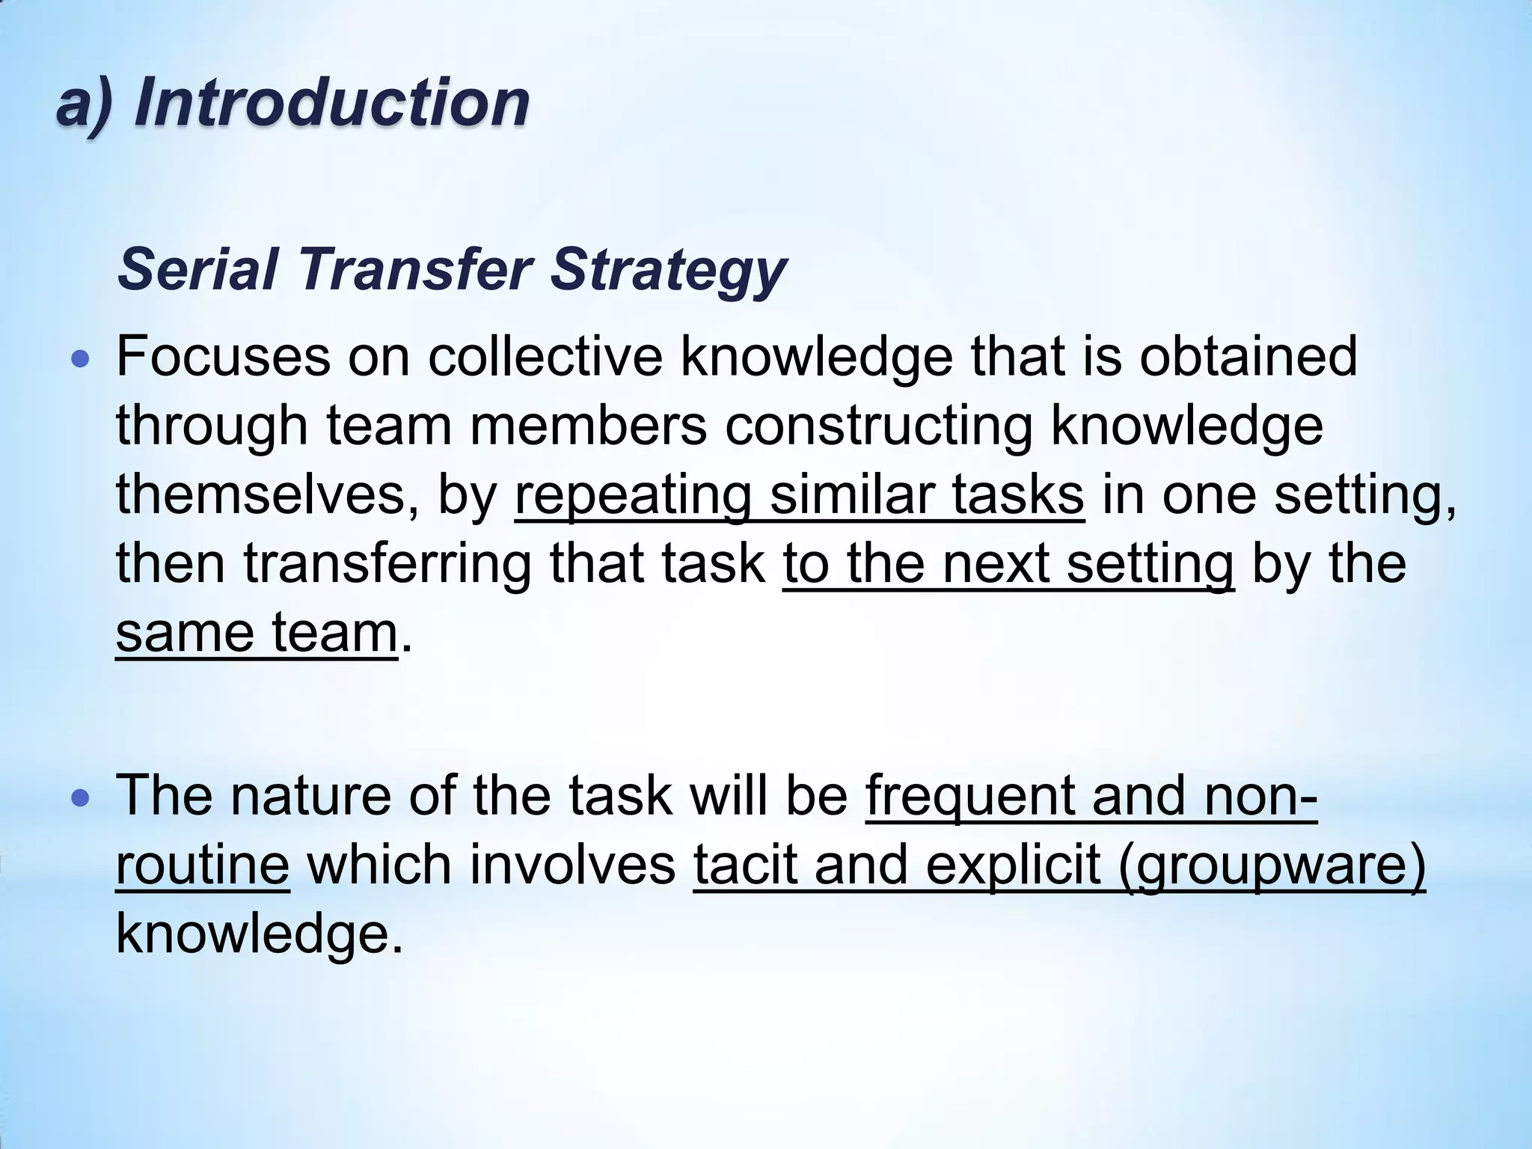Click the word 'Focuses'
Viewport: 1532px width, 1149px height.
pos(223,356)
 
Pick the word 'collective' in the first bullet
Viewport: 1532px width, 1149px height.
pos(545,356)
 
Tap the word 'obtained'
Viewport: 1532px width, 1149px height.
pos(1248,356)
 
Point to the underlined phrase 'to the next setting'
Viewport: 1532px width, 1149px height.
pos(1008,564)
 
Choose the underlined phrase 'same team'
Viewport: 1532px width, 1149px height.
pos(256,633)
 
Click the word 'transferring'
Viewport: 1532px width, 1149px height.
pos(387,564)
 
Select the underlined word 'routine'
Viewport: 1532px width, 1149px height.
pos(202,865)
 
